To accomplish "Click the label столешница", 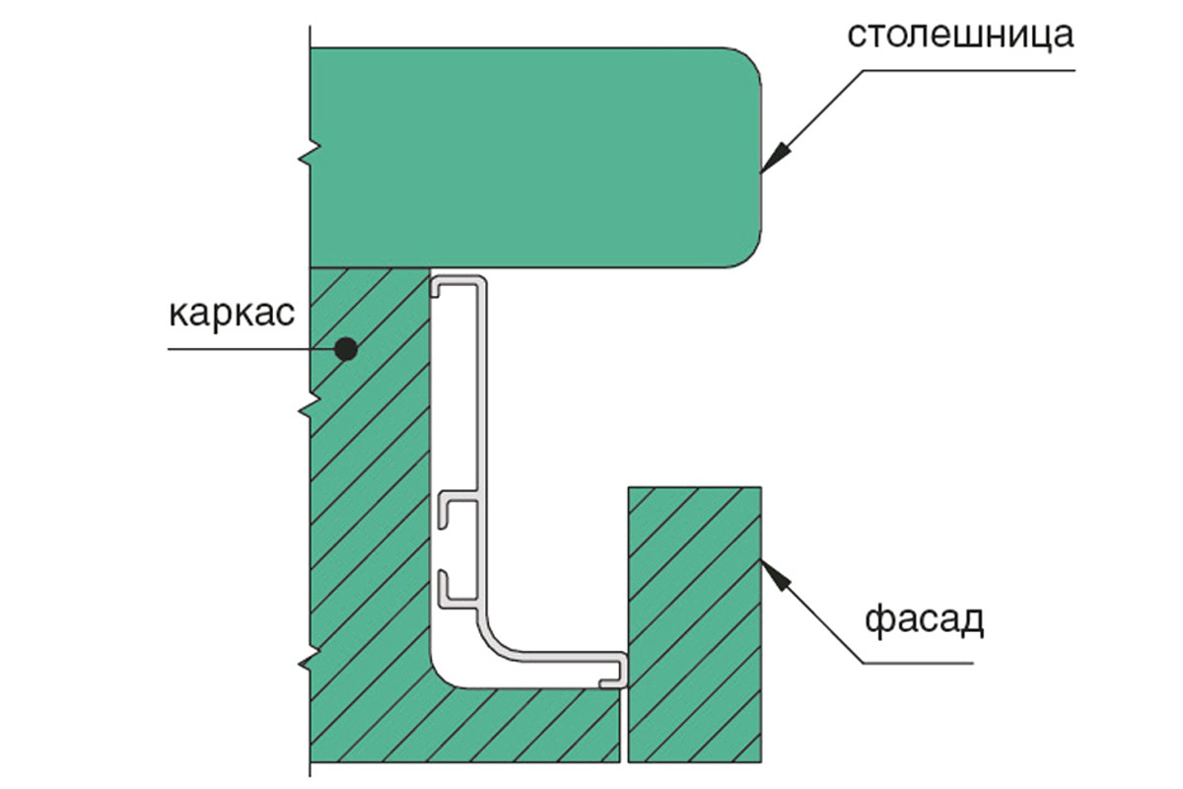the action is click(x=960, y=35).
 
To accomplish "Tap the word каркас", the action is click(x=232, y=316).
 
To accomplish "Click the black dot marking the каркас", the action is click(x=346, y=349).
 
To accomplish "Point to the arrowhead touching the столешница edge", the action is click(x=774, y=159).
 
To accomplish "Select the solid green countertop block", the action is click(x=535, y=158).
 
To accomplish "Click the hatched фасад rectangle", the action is click(x=694, y=624).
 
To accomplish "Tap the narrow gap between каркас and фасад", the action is click(x=624, y=725).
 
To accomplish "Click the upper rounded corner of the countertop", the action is click(x=744, y=64).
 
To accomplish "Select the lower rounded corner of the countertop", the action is click(x=744, y=251).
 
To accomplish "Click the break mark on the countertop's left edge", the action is click(x=310, y=152).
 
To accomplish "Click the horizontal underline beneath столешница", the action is click(x=969, y=70).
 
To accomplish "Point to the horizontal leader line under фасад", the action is click(x=918, y=663).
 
